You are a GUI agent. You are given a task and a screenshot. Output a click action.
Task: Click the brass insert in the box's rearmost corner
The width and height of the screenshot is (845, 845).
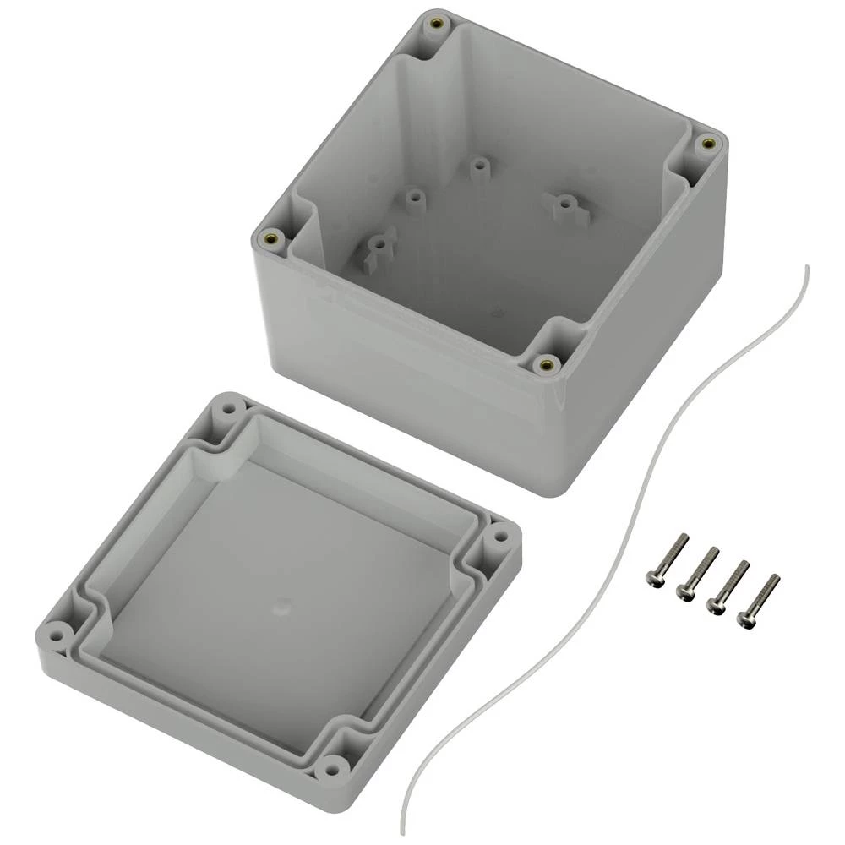436,23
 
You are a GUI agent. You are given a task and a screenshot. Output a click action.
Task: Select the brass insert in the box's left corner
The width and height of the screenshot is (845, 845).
271,239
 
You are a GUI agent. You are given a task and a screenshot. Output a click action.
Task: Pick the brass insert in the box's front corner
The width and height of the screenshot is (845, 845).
546,364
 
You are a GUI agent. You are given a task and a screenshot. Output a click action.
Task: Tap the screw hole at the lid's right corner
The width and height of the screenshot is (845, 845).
499,535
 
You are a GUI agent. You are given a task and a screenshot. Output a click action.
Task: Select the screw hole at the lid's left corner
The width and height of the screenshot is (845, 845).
57,631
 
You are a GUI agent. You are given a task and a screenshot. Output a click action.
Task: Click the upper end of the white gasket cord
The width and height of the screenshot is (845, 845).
806,268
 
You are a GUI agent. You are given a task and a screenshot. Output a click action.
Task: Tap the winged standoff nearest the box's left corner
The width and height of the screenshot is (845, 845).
379,246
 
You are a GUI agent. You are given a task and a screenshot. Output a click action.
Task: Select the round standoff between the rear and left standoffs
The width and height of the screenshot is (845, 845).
414,199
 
